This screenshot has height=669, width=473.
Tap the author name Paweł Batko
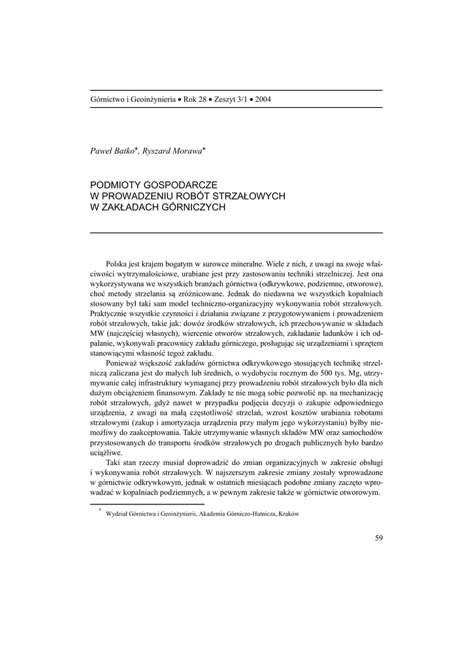click(x=113, y=151)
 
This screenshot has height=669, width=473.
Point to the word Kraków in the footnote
click(x=287, y=514)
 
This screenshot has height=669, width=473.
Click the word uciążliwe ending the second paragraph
click(x=106, y=451)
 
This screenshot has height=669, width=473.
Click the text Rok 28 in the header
click(x=194, y=99)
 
